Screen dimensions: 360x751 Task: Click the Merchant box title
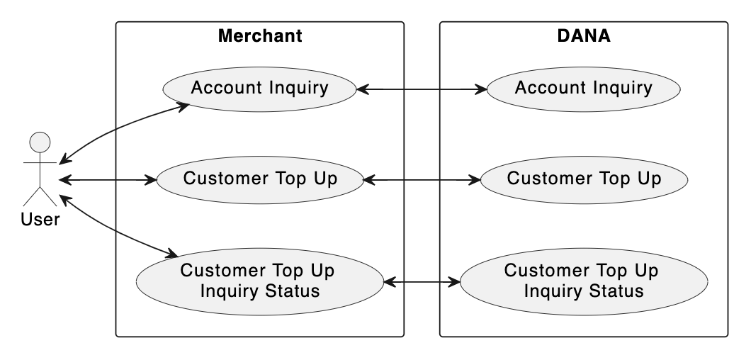tap(259, 35)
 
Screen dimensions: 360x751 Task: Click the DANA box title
tap(583, 35)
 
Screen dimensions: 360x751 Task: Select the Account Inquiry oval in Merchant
tap(259, 89)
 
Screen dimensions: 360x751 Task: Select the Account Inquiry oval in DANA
tap(583, 89)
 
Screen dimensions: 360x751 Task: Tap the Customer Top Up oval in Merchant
tap(259, 179)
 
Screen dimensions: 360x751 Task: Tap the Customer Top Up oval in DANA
tap(583, 179)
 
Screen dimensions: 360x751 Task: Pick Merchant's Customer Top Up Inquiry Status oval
tap(259, 281)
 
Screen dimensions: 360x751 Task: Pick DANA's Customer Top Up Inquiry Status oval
tap(583, 281)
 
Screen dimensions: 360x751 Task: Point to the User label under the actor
tap(40, 220)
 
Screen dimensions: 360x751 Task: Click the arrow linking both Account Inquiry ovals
tap(422, 89)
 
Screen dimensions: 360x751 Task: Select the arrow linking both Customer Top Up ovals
tap(422, 180)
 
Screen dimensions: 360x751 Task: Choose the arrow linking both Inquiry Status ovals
tap(422, 282)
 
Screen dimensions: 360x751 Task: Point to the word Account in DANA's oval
tap(546, 89)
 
